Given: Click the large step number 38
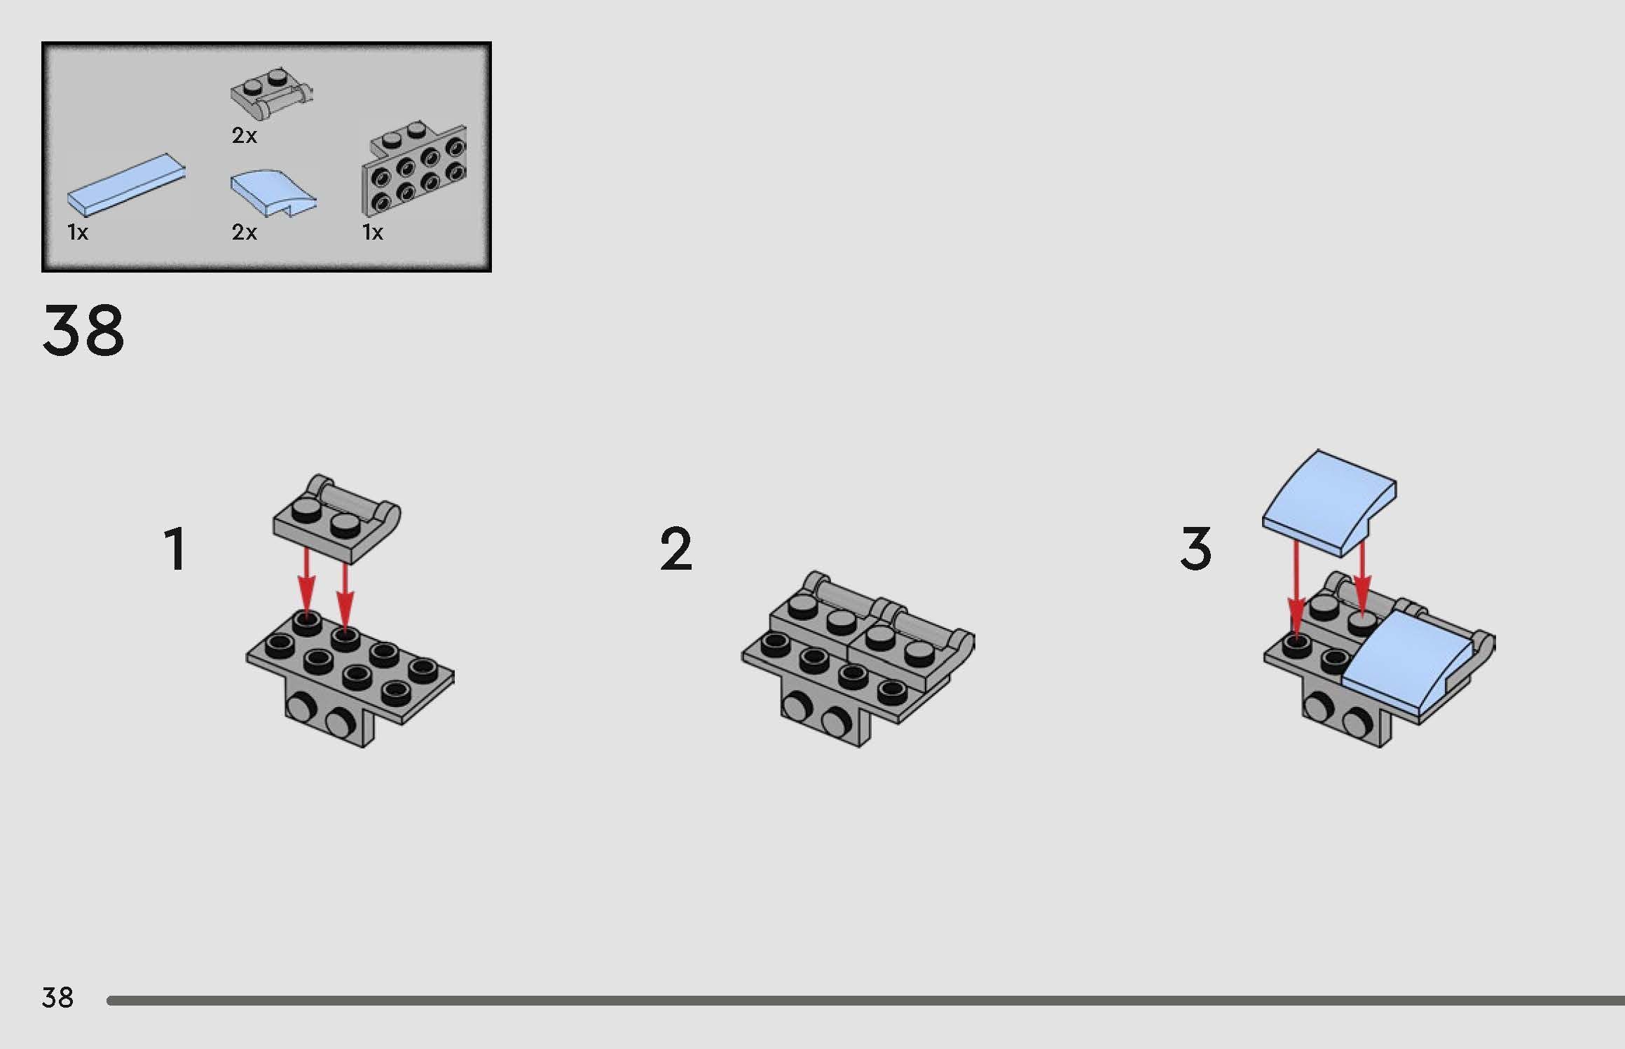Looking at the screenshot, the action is (x=83, y=330).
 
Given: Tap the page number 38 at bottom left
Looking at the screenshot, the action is (x=57, y=997).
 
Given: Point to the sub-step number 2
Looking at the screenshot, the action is (x=676, y=549).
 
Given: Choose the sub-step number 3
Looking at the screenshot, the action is (x=1196, y=549).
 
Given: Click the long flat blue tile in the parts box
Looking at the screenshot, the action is (x=126, y=184).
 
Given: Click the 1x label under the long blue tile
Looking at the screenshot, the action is (x=78, y=232).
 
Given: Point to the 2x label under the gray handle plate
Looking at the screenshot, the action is (x=245, y=136).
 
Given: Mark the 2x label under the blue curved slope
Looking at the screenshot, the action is (x=245, y=232).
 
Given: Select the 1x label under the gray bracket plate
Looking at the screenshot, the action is (x=373, y=232).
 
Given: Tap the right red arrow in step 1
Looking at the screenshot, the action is (x=345, y=596).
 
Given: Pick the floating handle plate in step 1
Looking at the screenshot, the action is (x=336, y=519).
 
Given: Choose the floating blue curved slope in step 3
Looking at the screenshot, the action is (x=1329, y=503).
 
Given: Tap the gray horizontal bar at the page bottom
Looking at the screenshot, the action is (x=865, y=1001).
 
